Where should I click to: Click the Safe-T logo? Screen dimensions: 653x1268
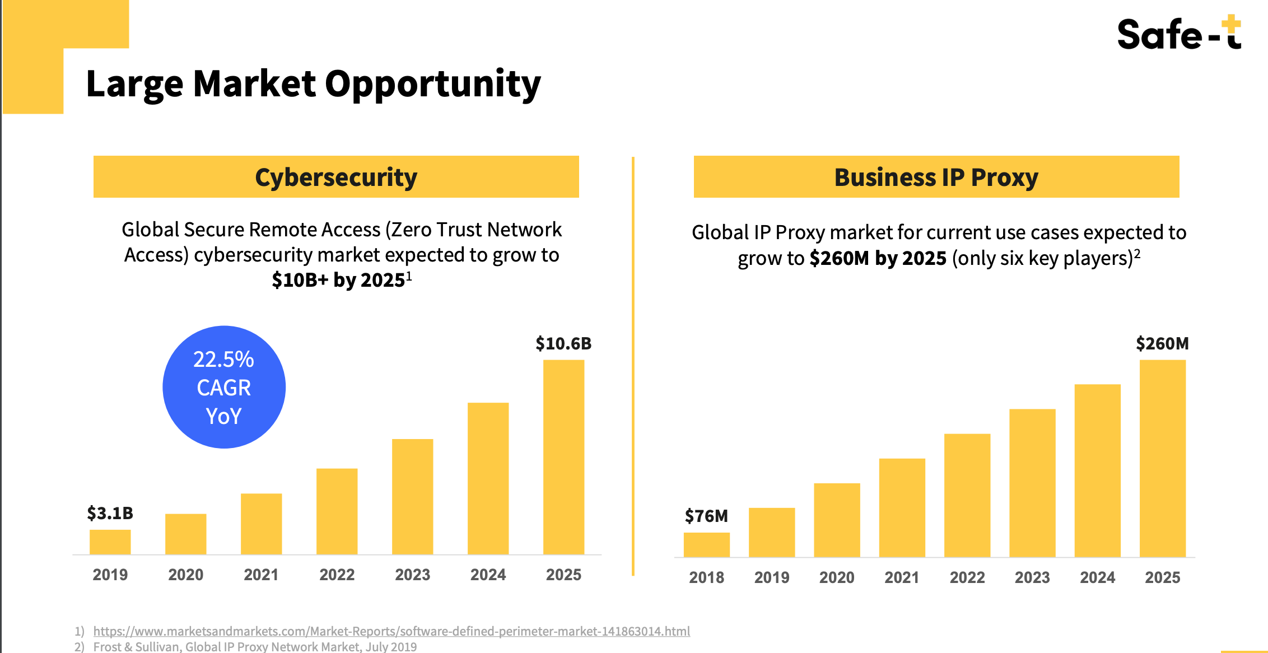click(1179, 34)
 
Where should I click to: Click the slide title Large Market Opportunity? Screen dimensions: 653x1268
click(313, 84)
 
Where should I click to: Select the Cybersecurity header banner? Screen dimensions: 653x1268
click(336, 177)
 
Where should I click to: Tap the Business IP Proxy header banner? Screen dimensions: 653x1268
click(936, 177)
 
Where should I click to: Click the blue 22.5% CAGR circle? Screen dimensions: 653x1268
click(224, 387)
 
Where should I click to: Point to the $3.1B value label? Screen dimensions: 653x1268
click(110, 513)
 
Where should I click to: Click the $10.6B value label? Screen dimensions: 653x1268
click(563, 343)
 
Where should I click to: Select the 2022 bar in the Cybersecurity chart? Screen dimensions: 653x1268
click(337, 511)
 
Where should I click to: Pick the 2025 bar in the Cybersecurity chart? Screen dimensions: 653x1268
click(563, 457)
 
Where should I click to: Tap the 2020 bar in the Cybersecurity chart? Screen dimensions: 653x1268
click(185, 534)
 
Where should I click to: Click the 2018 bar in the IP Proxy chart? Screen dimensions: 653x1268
click(706, 544)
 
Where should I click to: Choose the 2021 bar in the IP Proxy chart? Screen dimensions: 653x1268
click(902, 507)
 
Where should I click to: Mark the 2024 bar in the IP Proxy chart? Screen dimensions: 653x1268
click(1097, 470)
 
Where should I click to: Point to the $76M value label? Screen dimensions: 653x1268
click(706, 516)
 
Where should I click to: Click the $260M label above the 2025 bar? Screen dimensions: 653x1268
click(1162, 343)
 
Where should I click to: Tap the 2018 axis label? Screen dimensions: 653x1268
click(706, 577)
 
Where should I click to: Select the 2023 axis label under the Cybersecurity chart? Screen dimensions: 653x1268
click(412, 575)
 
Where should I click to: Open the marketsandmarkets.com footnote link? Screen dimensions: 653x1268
click(391, 631)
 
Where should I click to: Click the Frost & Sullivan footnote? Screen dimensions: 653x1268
click(255, 647)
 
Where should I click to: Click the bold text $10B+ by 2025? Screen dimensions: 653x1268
click(339, 279)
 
